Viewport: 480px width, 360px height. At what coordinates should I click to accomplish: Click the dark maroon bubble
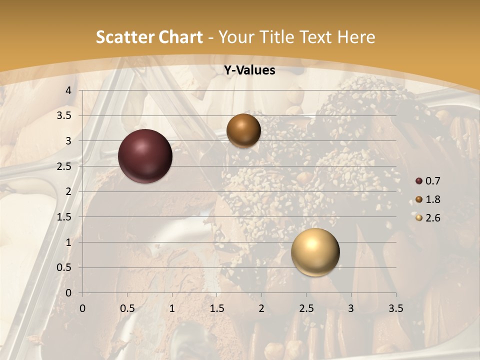(x=145, y=156)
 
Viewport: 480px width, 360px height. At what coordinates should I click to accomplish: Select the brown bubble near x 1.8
(x=243, y=130)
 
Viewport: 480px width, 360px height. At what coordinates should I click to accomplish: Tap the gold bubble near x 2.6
(x=315, y=252)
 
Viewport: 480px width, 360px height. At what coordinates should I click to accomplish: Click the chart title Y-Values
(x=249, y=70)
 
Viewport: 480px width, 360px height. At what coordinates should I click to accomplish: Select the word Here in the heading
(x=356, y=37)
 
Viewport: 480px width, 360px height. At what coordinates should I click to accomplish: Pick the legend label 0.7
(x=432, y=181)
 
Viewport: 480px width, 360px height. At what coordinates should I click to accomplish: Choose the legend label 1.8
(x=432, y=199)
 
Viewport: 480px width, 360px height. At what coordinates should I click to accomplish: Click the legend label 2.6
(x=432, y=218)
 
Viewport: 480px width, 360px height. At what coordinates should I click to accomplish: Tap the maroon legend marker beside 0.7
(x=419, y=181)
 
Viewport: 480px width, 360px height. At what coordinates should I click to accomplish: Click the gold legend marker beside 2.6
(x=419, y=218)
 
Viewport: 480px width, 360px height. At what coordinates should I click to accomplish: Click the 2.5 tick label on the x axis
(x=306, y=308)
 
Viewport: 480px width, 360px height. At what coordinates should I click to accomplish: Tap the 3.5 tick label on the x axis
(x=395, y=308)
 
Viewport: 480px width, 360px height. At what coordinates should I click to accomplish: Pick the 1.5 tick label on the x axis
(x=216, y=308)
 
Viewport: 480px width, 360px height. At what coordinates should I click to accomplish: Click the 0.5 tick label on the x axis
(x=127, y=308)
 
